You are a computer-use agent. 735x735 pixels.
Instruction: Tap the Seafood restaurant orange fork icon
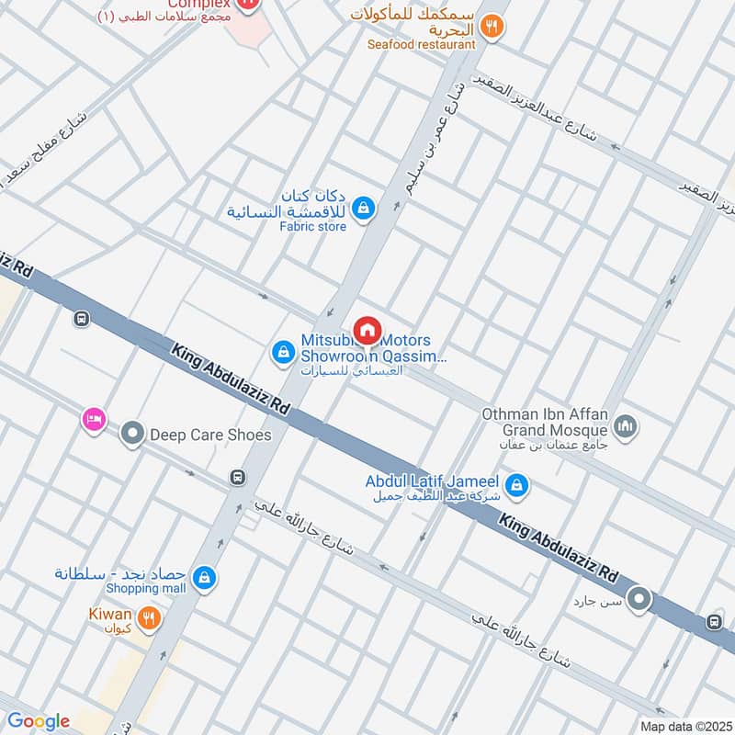coord(493,27)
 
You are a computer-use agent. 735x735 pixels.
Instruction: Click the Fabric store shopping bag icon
coord(365,209)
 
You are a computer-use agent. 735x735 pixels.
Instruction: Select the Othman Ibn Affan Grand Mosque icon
coord(628,426)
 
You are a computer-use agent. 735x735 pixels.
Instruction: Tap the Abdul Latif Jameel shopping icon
coord(517,483)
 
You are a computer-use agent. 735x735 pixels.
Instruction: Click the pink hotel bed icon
coord(93,420)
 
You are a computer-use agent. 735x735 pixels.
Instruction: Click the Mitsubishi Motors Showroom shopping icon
coord(282,351)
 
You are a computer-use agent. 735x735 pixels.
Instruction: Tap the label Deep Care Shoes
coord(210,434)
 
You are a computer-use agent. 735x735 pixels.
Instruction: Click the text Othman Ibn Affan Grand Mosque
coord(544,422)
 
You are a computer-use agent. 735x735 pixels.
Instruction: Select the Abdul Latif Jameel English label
coord(432,481)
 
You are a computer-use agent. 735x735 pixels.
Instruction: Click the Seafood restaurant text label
coord(422,44)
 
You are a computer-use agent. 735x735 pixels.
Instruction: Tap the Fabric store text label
coord(313,226)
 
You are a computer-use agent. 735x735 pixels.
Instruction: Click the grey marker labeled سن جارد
coord(639,602)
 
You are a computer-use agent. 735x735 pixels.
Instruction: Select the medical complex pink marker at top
coord(246,4)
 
